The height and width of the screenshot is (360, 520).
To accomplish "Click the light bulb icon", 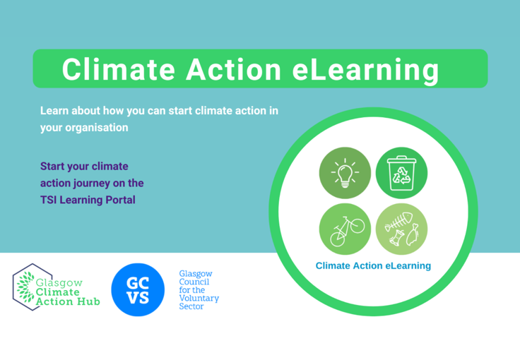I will click(x=345, y=172).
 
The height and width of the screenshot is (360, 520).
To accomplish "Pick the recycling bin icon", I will click(x=401, y=172).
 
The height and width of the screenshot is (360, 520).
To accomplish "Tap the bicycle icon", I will click(x=345, y=229).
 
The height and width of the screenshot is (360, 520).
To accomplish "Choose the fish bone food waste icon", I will click(x=401, y=229).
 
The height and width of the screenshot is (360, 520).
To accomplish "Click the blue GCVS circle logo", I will click(x=138, y=289).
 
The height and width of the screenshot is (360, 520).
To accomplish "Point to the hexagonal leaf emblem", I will click(x=28, y=287).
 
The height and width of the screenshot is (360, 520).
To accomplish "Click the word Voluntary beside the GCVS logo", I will click(x=199, y=299).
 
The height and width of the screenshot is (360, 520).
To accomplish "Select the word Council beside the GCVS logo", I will click(x=194, y=282).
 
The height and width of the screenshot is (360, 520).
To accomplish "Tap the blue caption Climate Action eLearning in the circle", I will click(x=373, y=266).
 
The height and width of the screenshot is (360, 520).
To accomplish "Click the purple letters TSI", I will click(x=49, y=200).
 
